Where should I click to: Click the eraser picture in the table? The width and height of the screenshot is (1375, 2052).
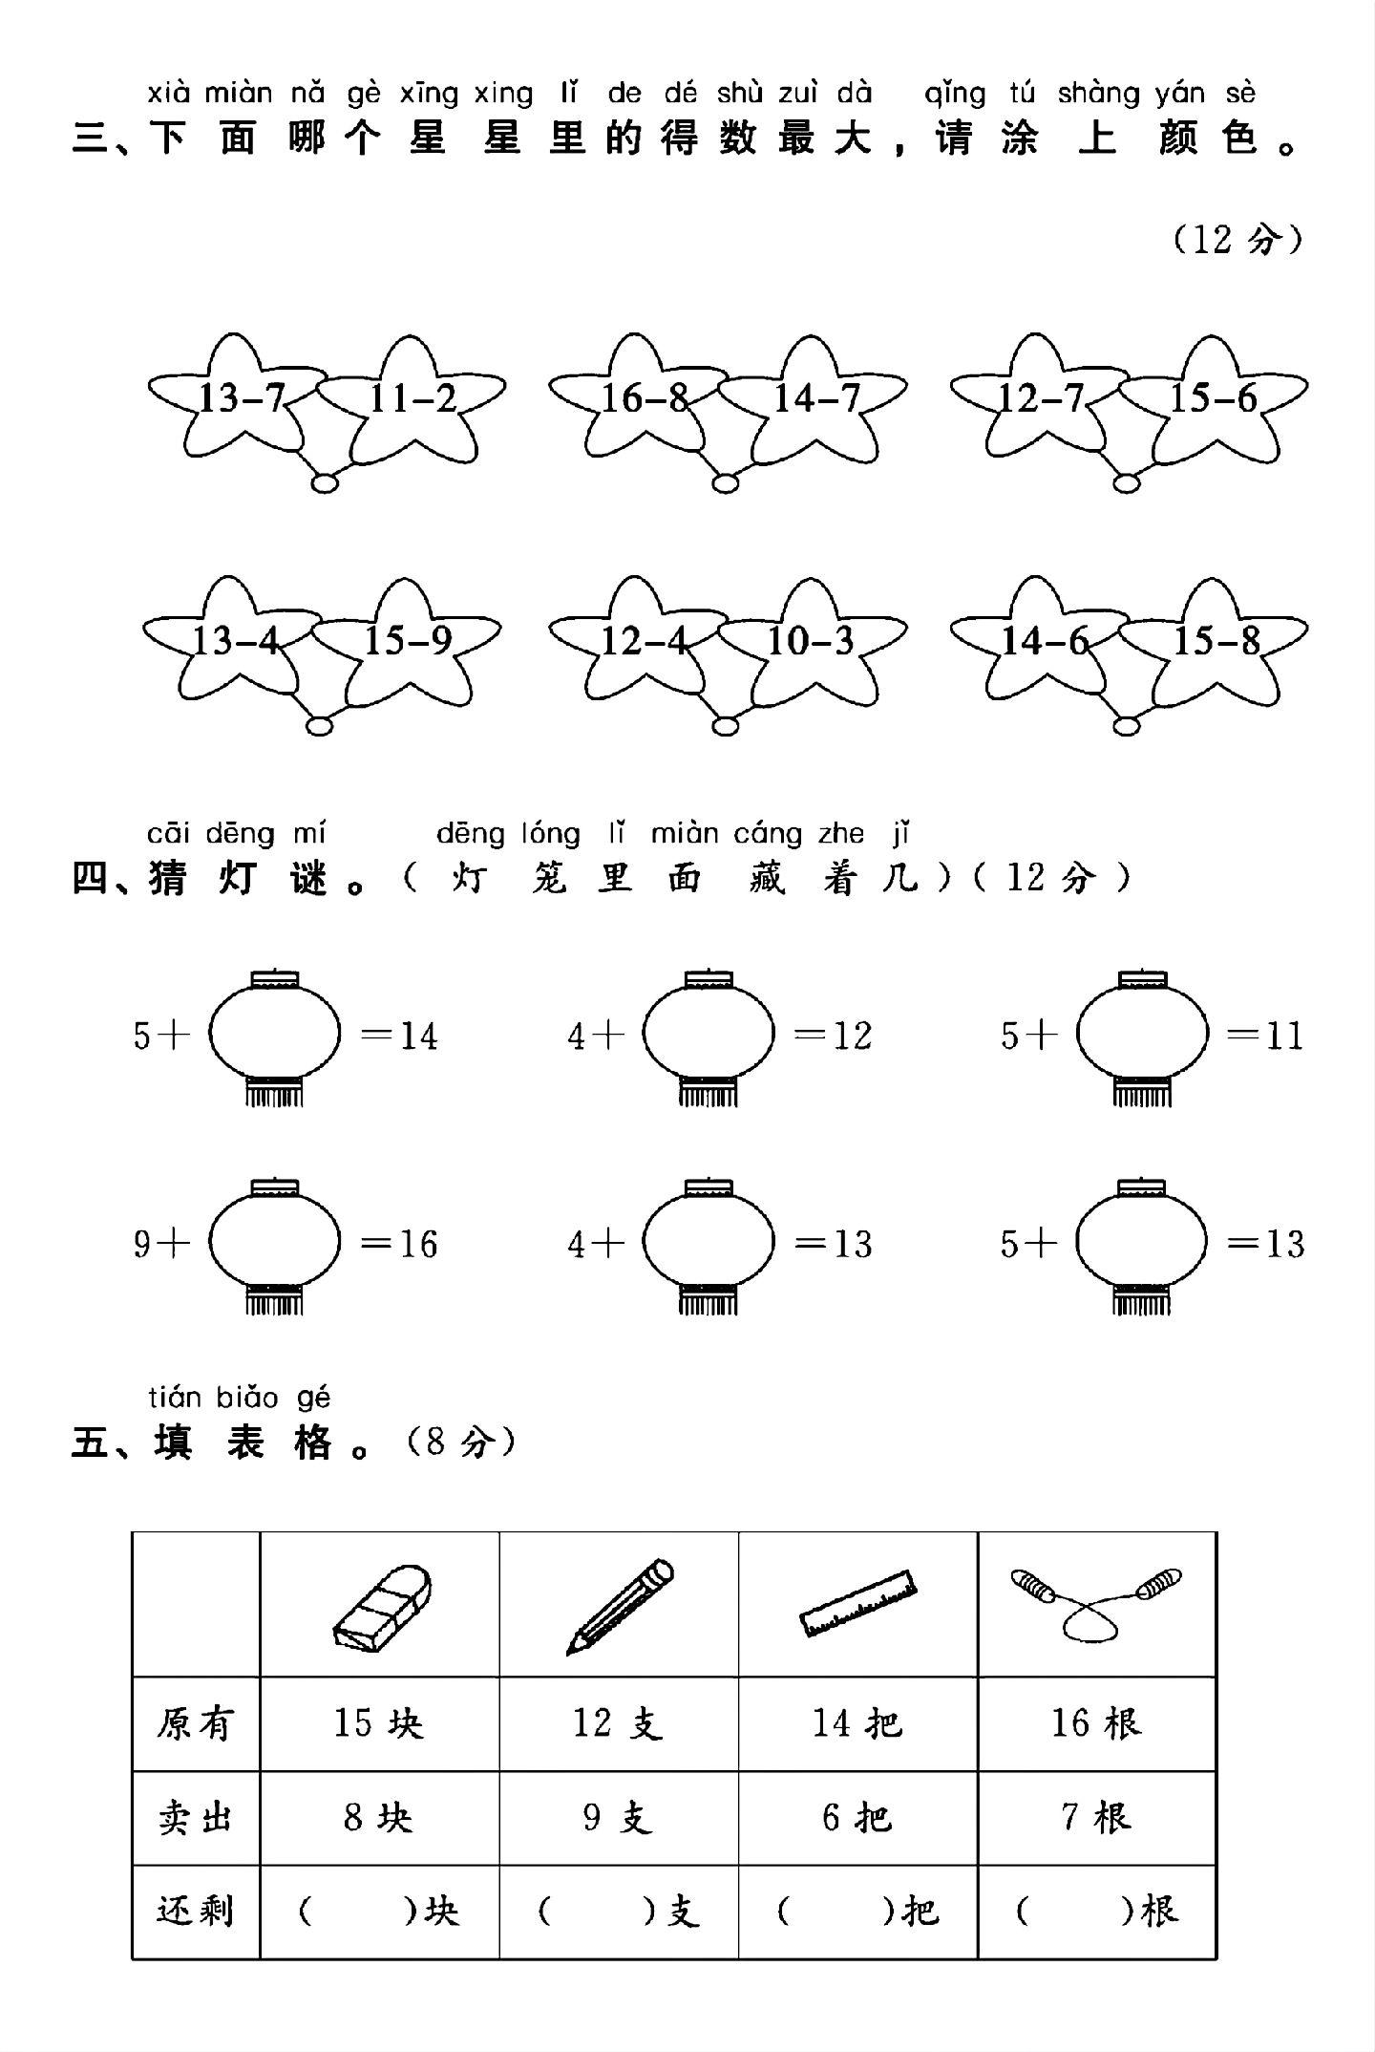(381, 1610)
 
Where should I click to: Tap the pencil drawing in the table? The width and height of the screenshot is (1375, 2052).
(620, 1607)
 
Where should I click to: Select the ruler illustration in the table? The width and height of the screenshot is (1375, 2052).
(858, 1604)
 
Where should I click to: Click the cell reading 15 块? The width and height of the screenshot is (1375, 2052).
(379, 1722)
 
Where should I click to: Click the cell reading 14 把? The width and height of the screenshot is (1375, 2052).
(857, 1722)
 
